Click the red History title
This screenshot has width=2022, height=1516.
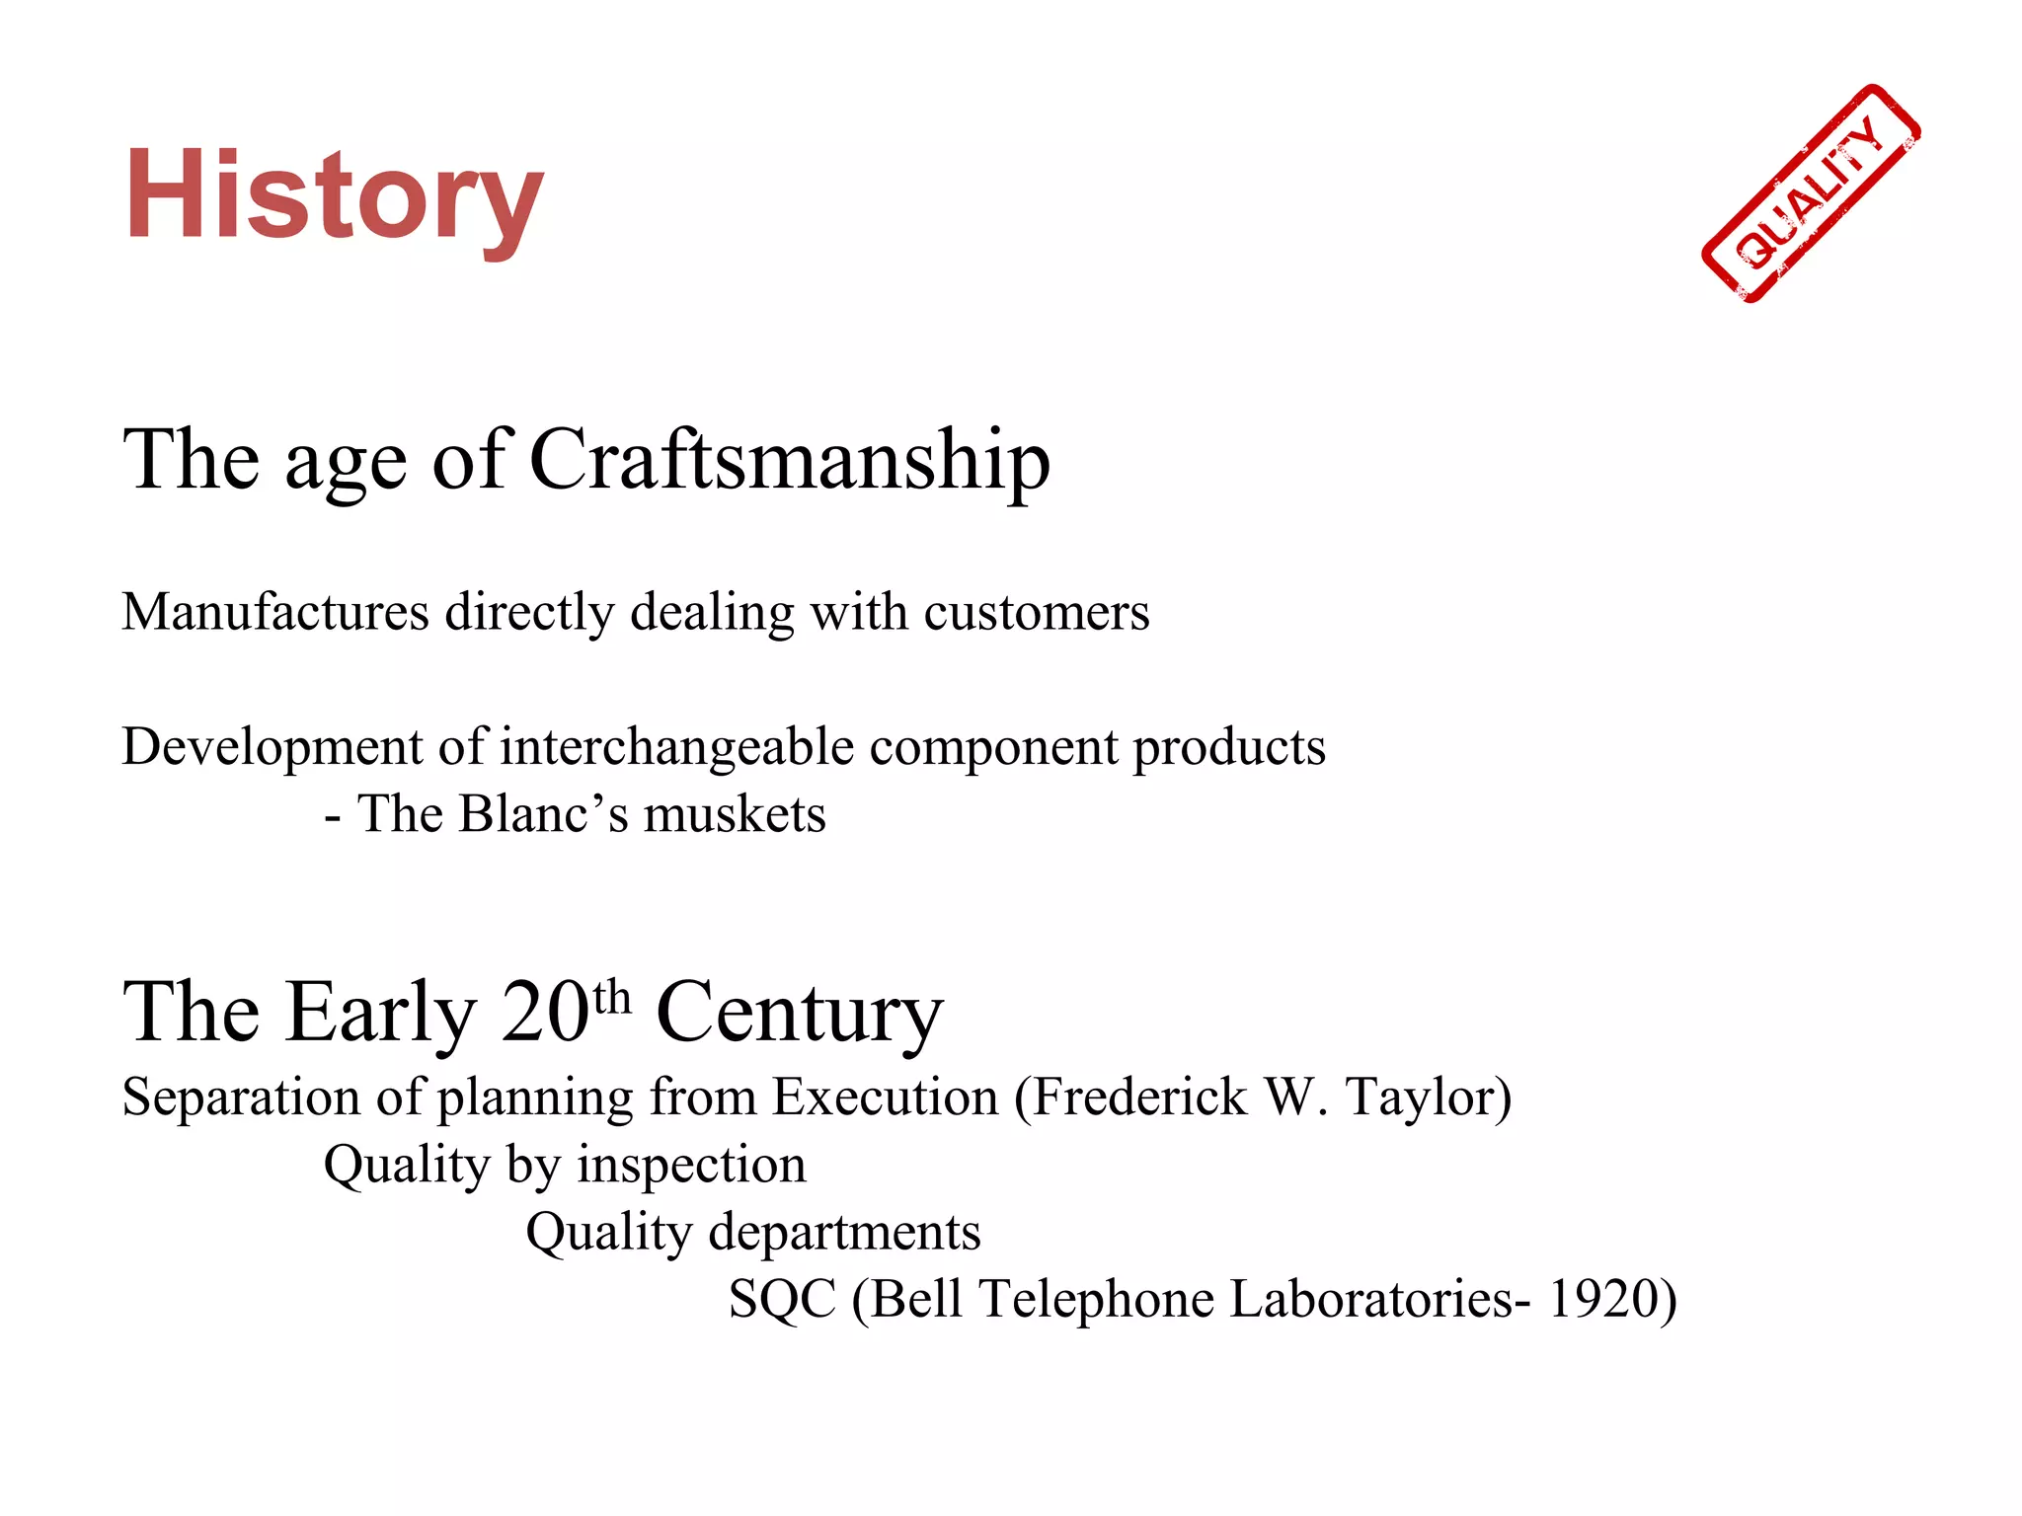tap(334, 195)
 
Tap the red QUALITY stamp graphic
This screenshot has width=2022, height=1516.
tap(1811, 193)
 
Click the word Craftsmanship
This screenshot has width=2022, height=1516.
tap(789, 460)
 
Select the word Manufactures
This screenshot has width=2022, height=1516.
tap(275, 612)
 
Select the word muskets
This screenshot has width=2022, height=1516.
tap(735, 815)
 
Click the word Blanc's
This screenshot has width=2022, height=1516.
tap(544, 815)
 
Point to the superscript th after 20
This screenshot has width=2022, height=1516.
tap(612, 997)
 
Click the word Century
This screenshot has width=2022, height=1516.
tap(800, 1013)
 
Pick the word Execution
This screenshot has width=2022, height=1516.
tap(885, 1098)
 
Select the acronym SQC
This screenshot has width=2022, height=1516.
tap(782, 1299)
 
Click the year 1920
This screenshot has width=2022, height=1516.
tap(1604, 1299)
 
